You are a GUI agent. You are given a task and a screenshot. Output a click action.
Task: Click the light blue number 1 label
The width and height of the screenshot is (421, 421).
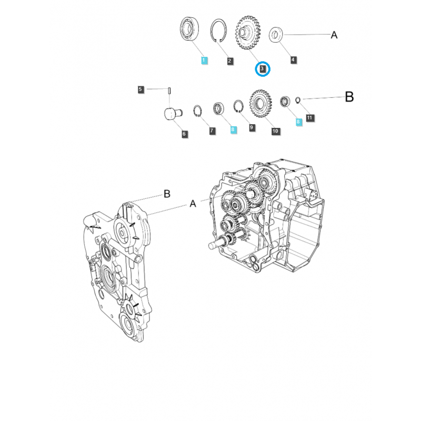click(204, 61)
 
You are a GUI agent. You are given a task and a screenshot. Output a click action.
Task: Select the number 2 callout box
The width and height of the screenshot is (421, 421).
click(230, 61)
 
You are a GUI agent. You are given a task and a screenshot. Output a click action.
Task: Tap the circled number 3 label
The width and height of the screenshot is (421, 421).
click(262, 68)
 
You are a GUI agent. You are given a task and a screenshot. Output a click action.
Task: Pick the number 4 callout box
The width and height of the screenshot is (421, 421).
click(293, 60)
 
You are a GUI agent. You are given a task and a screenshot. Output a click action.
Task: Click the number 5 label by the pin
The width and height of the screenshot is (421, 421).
click(141, 89)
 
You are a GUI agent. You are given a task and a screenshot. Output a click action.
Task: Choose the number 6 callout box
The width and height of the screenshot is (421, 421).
click(184, 134)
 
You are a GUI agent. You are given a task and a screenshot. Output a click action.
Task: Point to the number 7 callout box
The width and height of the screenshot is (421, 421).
click(212, 130)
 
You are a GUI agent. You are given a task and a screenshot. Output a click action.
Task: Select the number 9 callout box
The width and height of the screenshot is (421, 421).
click(252, 127)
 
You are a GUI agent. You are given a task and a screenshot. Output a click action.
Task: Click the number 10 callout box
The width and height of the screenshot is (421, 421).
click(275, 130)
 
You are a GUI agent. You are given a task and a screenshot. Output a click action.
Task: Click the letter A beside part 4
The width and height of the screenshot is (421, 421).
click(334, 35)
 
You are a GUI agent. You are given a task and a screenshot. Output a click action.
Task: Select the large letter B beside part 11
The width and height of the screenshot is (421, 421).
click(349, 97)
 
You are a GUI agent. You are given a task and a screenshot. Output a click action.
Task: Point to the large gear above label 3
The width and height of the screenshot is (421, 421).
click(250, 33)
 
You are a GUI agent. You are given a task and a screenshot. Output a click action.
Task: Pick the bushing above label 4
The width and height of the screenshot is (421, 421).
click(277, 35)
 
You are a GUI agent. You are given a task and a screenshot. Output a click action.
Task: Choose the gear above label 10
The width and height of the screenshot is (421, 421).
click(260, 103)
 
